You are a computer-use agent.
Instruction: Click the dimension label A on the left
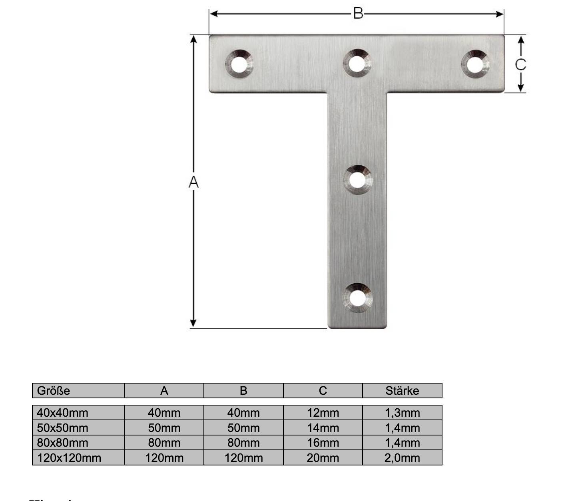point(193,182)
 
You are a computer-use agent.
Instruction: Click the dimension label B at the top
point(358,14)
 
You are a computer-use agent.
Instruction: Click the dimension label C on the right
point(520,64)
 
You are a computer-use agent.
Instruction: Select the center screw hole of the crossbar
point(357,64)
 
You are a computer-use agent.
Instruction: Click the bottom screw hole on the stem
point(357,298)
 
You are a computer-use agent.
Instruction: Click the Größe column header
point(54,390)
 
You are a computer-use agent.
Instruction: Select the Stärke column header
point(402,390)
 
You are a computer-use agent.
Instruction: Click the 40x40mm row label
point(62,412)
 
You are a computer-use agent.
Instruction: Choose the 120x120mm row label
point(69,457)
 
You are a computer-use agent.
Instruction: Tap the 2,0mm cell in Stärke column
point(402,457)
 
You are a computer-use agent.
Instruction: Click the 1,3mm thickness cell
point(402,412)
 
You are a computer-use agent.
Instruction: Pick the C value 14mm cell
point(323,427)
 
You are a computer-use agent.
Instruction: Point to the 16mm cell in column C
point(323,442)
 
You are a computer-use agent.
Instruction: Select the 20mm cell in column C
point(323,457)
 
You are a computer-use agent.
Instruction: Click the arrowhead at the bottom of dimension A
point(193,323)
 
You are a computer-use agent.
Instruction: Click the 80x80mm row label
point(62,442)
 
